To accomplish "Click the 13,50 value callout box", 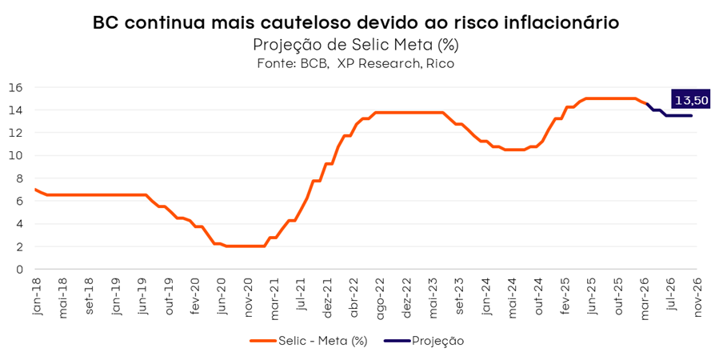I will [x=691, y=100].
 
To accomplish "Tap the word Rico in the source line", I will [x=439, y=63].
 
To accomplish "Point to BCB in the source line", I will [x=314, y=63].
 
